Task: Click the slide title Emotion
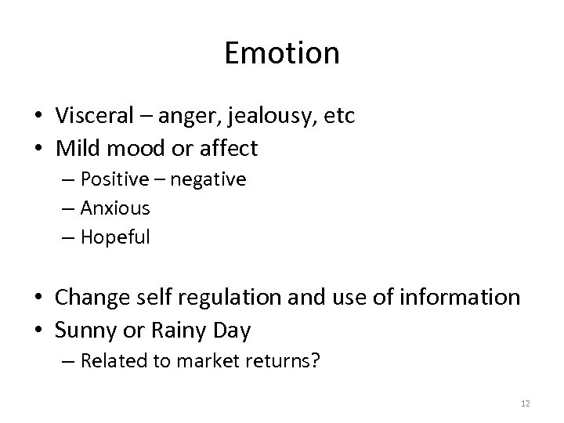pos(282,53)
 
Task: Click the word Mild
pos(78,147)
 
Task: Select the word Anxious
pos(115,208)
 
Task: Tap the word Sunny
pos(85,331)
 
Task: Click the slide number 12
pos(525,403)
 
